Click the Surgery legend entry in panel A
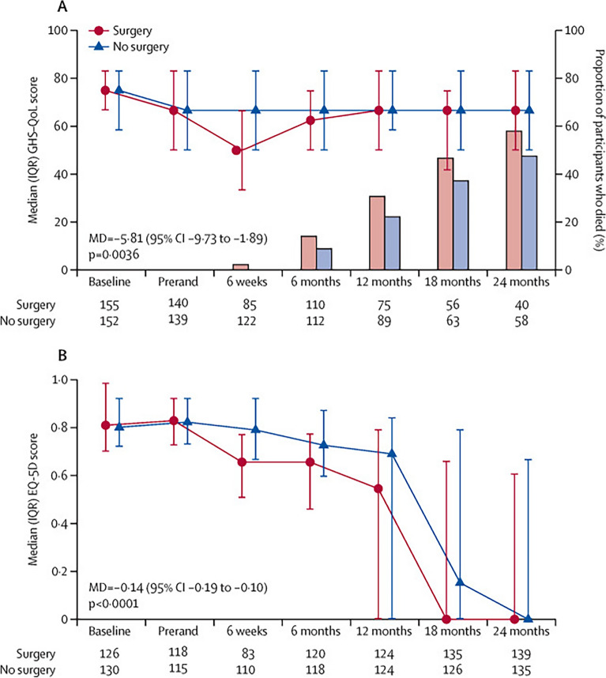[x=133, y=30]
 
